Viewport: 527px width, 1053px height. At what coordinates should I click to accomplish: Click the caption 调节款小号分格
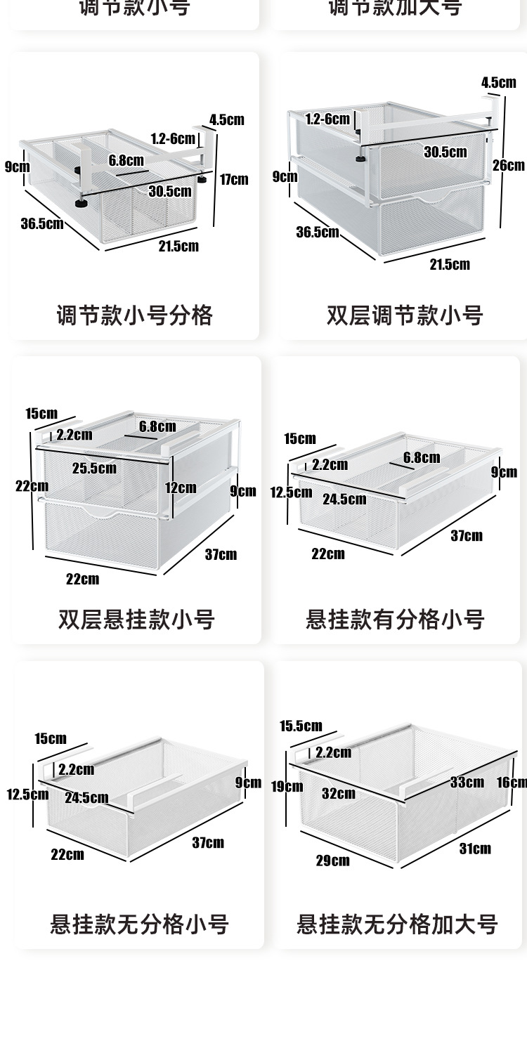pos(134,315)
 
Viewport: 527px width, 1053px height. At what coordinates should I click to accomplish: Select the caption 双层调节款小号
pos(405,315)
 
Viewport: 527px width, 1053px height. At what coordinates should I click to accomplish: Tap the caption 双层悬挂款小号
pos(136,620)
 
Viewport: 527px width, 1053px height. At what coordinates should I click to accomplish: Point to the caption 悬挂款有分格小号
pos(395,620)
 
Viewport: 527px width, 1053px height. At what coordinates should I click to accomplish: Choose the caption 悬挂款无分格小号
pos(139,924)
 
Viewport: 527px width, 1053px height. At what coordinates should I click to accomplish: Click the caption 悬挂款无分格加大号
pos(397,924)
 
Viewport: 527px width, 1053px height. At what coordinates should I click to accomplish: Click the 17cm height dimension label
pos(234,179)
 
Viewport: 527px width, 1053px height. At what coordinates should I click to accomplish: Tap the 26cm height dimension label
pos(509,166)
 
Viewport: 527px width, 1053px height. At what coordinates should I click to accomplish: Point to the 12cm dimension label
pos(181,487)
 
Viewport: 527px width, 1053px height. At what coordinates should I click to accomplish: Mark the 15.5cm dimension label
pos(301,726)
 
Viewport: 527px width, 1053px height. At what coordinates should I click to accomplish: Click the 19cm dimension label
pos(287,786)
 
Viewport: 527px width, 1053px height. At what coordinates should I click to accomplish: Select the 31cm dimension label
pos(475,849)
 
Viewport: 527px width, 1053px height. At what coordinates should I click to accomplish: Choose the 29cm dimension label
pos(332,861)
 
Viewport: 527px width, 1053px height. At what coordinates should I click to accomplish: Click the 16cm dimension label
pos(512,783)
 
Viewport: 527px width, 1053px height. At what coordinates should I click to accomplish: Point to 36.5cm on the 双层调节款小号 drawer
pos(318,232)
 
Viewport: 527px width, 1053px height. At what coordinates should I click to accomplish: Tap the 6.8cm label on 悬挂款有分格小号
pos(422,458)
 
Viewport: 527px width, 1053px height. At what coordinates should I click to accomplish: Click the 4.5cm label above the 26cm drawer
pos(498,83)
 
